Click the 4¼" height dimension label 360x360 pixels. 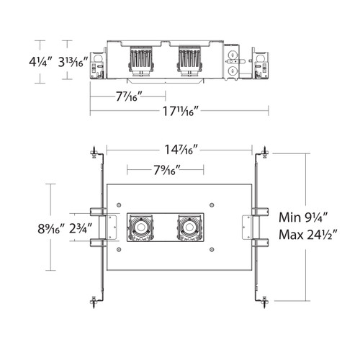pos(40,62)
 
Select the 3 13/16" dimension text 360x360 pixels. pos(73,62)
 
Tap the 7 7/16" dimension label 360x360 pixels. pos(130,96)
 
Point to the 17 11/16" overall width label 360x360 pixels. pos(181,111)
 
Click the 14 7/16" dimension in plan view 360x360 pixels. pos(181,150)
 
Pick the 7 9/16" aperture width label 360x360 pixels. pos(167,170)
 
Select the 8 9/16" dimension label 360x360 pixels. pos(52,228)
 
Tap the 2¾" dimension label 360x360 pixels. pos(81,228)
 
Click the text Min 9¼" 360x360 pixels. pos(303,217)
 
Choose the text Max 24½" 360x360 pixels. pos(308,235)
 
